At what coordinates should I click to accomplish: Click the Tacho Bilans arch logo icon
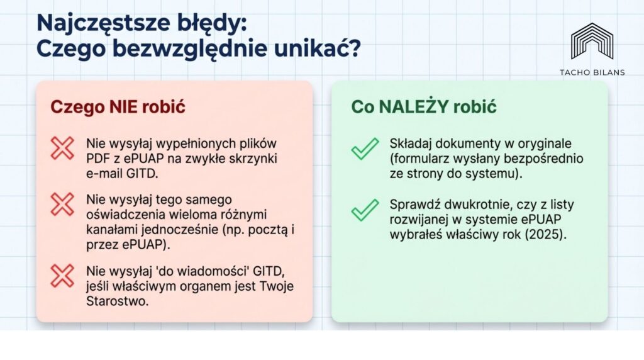point(592,41)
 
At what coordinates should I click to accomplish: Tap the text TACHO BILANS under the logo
point(592,72)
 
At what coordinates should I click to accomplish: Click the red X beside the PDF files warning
point(62,148)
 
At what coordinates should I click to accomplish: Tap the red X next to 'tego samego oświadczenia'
point(62,205)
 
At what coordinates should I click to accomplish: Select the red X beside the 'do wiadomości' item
point(62,276)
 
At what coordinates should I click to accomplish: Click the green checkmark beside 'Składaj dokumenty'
point(365,149)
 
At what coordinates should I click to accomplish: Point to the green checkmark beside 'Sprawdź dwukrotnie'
point(365,210)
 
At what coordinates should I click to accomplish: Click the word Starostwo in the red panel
point(117,301)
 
